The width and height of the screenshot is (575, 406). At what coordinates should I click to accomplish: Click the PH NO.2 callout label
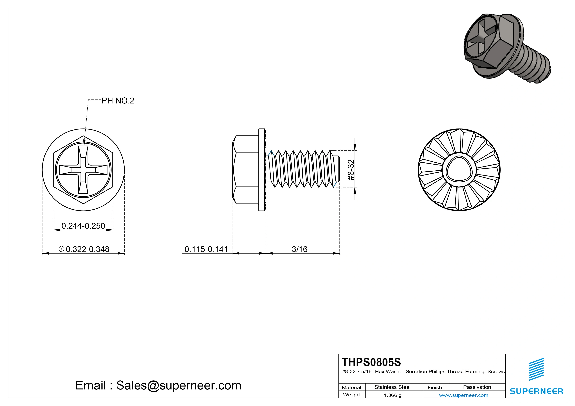coord(118,101)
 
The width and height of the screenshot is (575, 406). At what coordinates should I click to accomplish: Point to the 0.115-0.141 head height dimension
coord(206,249)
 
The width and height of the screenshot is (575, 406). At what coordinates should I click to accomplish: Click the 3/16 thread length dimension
coord(299,249)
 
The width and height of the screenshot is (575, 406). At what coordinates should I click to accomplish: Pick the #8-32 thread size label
coord(351,170)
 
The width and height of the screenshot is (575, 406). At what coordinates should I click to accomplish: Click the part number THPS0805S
coord(371,362)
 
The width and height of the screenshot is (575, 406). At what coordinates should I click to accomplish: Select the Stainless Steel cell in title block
coord(392,387)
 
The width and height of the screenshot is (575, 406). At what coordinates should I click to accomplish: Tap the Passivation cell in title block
coord(477,387)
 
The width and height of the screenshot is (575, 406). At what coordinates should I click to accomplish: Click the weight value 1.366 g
coord(392,395)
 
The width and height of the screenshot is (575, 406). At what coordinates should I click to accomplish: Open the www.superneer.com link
coord(464,395)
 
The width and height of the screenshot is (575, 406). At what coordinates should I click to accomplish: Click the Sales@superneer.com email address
coord(178,385)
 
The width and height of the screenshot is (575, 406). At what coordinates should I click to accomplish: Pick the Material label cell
coord(351,387)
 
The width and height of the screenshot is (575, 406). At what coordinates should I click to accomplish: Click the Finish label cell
coord(435,387)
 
